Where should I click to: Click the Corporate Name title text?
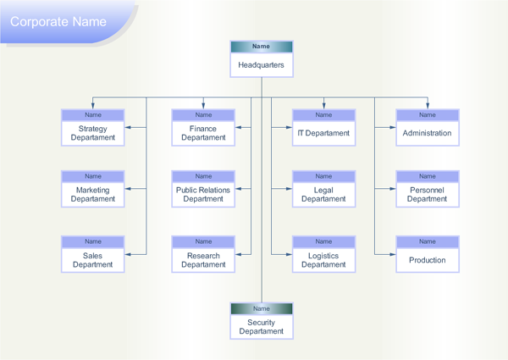tap(58, 21)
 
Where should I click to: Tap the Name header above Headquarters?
tap(262, 47)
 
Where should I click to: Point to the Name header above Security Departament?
tap(262, 309)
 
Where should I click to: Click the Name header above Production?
tap(428, 242)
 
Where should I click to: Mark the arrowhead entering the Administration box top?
tap(428, 105)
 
